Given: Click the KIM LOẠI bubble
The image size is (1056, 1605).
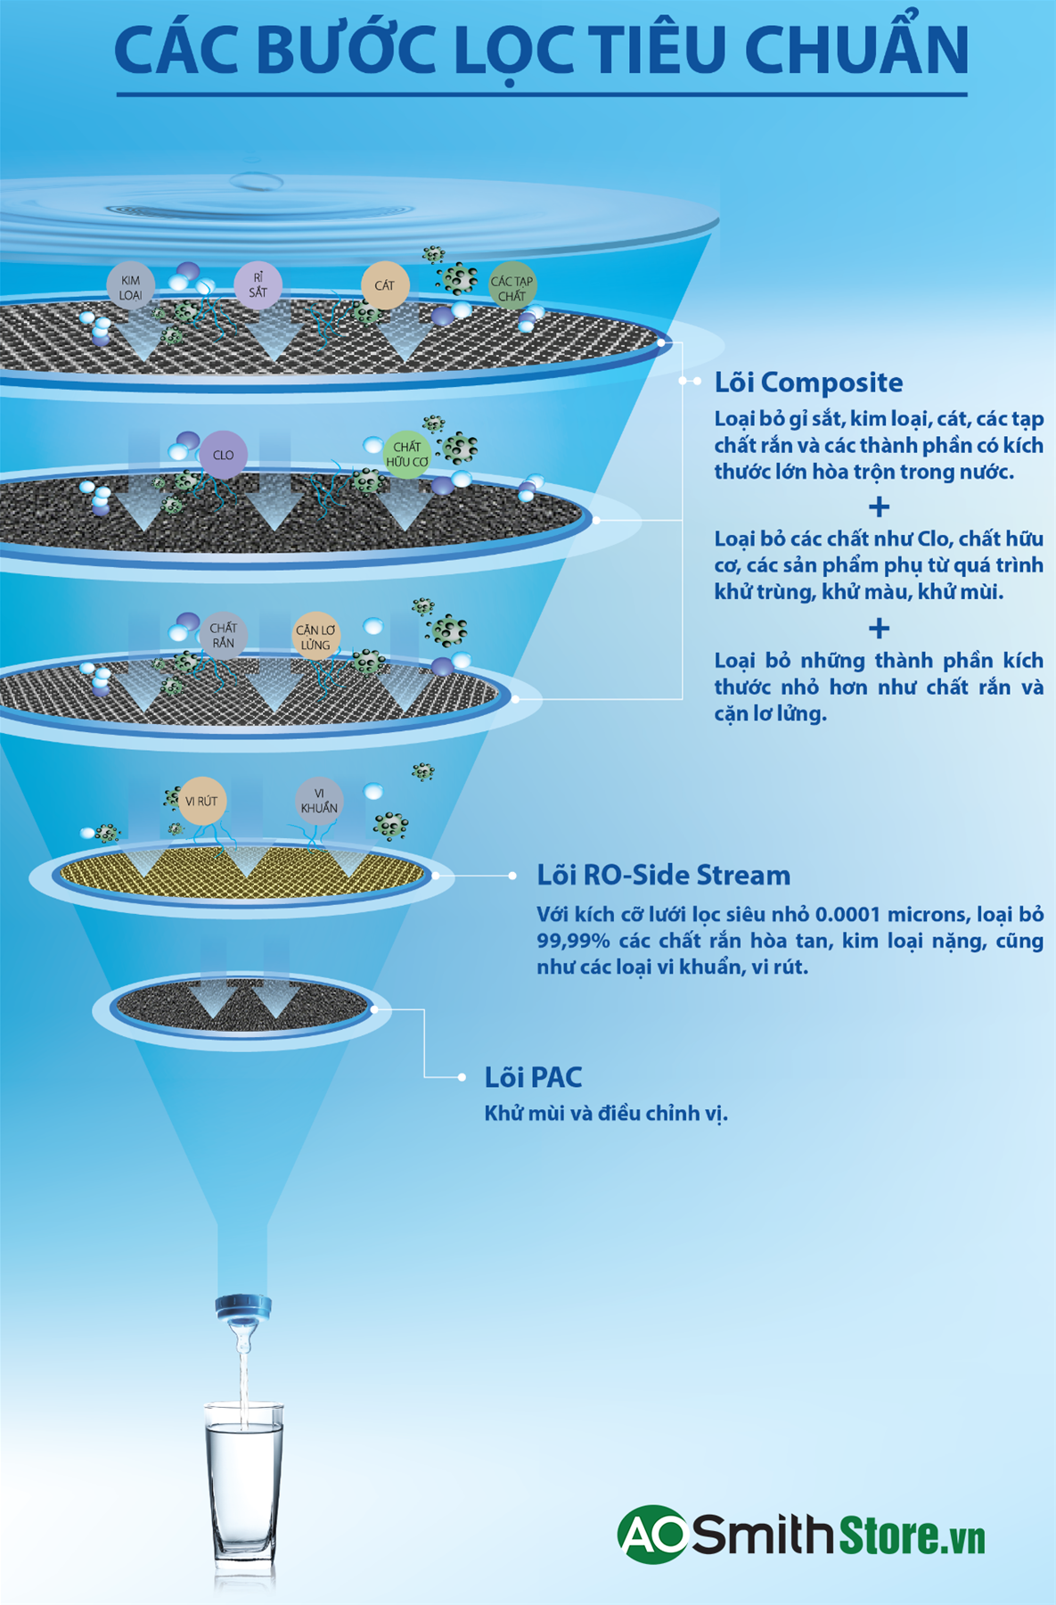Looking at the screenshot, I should [x=130, y=286].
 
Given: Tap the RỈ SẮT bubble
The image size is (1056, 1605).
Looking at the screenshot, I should [x=258, y=285].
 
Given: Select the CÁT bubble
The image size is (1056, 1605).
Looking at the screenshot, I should [x=384, y=285].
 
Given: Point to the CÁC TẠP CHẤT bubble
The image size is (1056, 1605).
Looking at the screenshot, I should [x=512, y=287].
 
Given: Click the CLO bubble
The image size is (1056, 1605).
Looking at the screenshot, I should [x=223, y=455].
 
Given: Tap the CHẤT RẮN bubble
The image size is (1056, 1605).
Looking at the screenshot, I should [x=223, y=635].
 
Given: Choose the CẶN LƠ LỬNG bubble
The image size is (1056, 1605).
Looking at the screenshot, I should [x=315, y=636].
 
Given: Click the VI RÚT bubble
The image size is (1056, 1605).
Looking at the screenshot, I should [x=201, y=801].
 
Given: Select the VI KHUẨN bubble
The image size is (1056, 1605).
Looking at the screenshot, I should [x=319, y=801].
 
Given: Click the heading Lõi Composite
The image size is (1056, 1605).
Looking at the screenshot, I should [x=808, y=383].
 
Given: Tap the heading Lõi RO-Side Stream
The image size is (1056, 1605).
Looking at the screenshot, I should [x=663, y=876].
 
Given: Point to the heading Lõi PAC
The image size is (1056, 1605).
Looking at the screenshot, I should [x=533, y=1077].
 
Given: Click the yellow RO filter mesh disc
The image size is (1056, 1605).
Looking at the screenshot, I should [x=242, y=876].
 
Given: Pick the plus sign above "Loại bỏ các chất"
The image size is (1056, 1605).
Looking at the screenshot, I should [x=879, y=506].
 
